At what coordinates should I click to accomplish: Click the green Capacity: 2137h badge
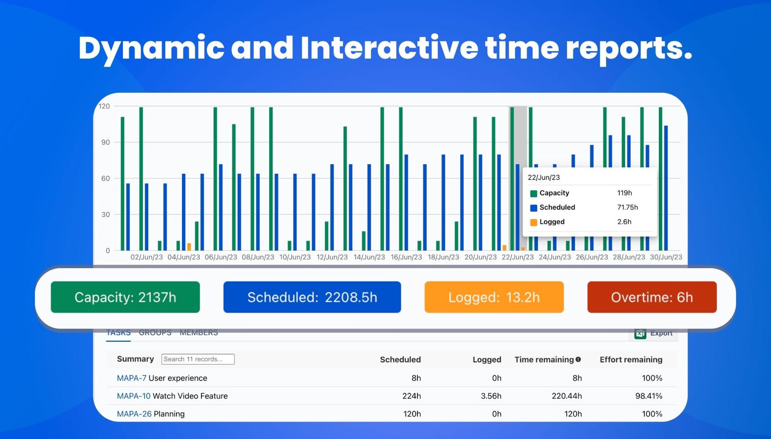(125, 297)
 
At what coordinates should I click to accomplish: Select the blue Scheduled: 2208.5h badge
(312, 297)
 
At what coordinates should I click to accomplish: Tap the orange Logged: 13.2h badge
(494, 297)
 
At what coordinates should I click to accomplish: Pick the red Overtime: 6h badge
(652, 297)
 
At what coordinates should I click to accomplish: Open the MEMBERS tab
(198, 333)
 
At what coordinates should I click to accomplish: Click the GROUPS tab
(155, 333)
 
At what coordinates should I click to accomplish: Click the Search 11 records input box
(198, 359)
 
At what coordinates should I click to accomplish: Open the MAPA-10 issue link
(134, 396)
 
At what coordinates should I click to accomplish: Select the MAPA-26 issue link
(134, 414)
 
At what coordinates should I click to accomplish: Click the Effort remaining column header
(631, 359)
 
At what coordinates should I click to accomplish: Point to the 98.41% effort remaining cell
(649, 396)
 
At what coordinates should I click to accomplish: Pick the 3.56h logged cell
(491, 396)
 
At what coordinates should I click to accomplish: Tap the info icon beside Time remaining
(578, 359)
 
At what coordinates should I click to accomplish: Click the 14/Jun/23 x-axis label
(369, 257)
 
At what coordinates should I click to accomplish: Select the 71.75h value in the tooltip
(627, 207)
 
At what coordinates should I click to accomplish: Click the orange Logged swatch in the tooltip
(534, 222)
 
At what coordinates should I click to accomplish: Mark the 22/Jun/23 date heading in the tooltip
(544, 178)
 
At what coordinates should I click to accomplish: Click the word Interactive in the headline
(389, 48)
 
